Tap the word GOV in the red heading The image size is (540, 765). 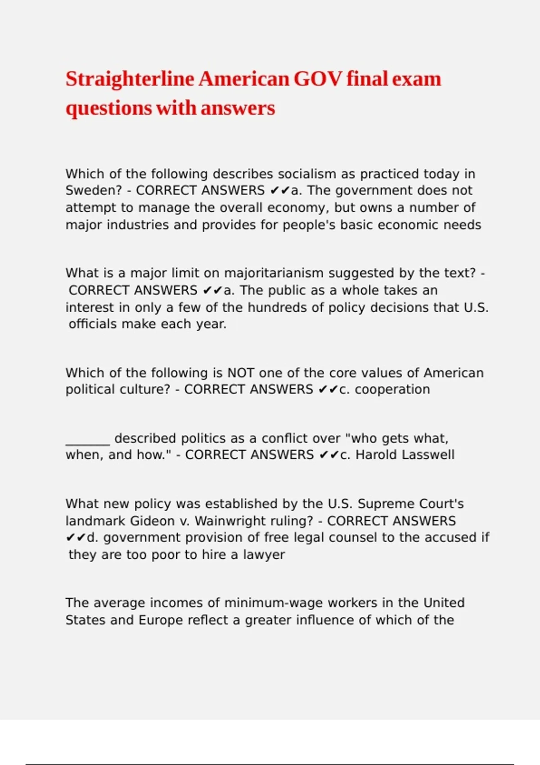pos(318,79)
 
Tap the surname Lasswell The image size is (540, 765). pos(428,454)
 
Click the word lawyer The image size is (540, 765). pos(264,554)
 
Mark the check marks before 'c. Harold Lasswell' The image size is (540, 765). pos(329,455)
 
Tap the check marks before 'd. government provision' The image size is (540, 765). pos(76,538)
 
